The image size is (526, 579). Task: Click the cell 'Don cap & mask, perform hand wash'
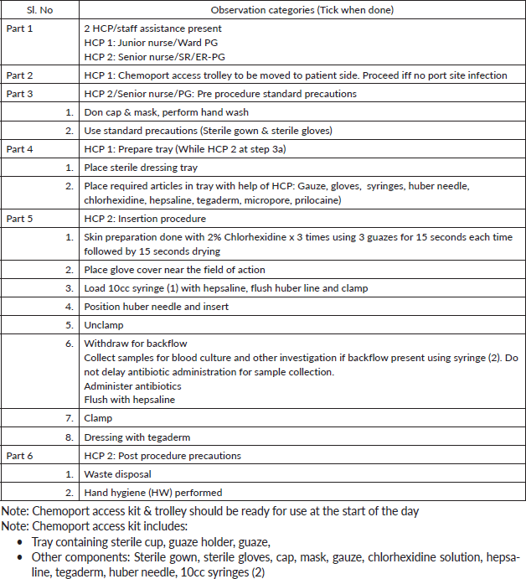pyautogui.click(x=167, y=112)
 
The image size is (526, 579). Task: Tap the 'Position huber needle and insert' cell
pyautogui.click(x=157, y=307)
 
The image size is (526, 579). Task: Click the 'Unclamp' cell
pyautogui.click(x=104, y=325)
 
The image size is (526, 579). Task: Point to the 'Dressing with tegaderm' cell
pyautogui.click(x=137, y=437)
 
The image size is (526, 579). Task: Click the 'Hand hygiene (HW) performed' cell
pyautogui.click(x=153, y=493)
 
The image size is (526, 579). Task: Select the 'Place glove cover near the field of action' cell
pyautogui.click(x=174, y=270)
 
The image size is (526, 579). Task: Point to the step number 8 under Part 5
pyautogui.click(x=70, y=437)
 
